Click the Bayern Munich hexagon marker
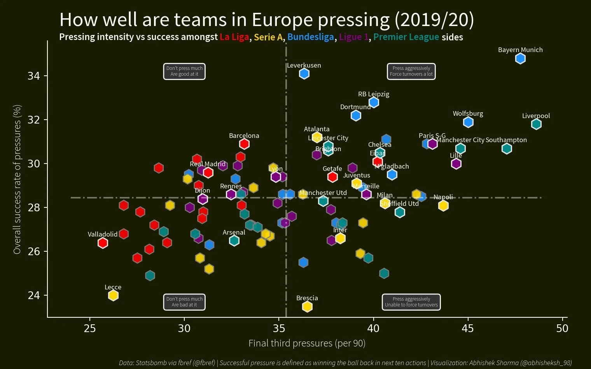520,59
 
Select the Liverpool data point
536,124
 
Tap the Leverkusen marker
304,73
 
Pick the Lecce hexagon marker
113,296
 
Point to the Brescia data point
307,306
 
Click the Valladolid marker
103,243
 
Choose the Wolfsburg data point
468,122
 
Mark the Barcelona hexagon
244,144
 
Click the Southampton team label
506,140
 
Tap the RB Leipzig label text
374,94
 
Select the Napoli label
443,197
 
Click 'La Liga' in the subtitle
234,37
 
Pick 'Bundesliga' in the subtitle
311,37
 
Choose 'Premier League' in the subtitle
406,37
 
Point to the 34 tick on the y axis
34,76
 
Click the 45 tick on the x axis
468,329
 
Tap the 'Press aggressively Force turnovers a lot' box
411,71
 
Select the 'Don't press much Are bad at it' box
184,302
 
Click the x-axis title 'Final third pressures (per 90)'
307,343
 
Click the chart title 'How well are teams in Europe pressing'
267,20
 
